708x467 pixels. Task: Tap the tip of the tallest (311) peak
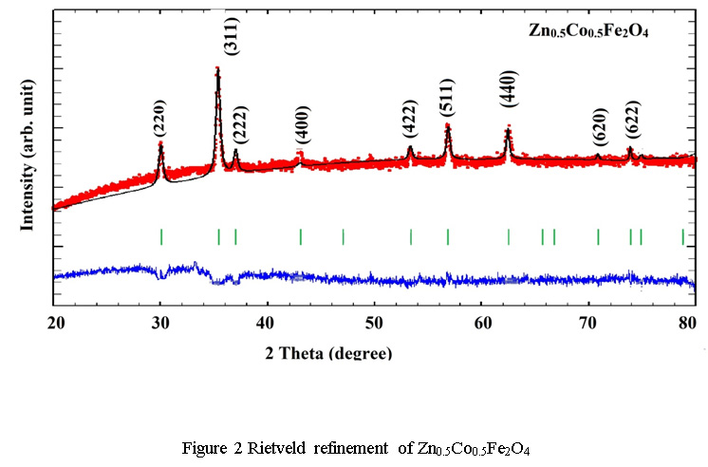[x=218, y=68]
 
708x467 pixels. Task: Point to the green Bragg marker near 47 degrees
[x=343, y=236]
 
